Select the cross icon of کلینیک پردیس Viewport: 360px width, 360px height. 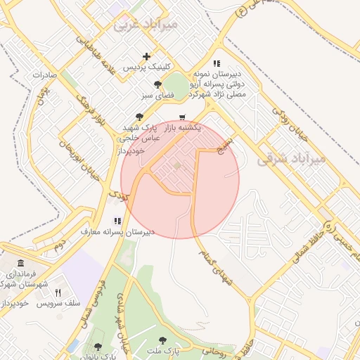coord(146,56)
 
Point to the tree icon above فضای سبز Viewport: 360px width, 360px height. coord(157,84)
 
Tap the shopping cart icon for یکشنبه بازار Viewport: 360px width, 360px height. coord(183,117)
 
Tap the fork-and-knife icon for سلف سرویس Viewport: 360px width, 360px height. coord(59,292)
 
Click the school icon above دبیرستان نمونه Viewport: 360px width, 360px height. coord(217,63)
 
